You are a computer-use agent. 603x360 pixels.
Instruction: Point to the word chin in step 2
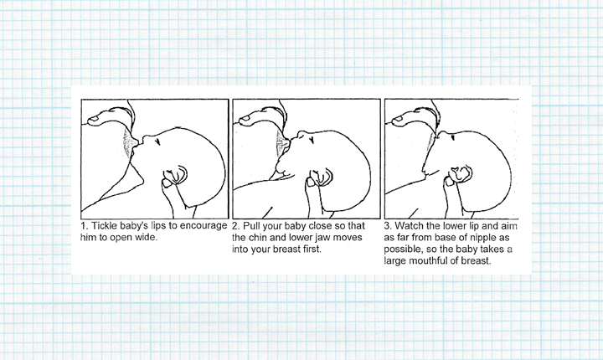pyautogui.click(x=260, y=238)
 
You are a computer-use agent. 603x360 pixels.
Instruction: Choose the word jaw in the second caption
pyautogui.click(x=325, y=238)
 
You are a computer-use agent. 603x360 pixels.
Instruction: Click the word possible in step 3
pyautogui.click(x=405, y=249)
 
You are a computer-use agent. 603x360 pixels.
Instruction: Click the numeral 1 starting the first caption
pyautogui.click(x=84, y=226)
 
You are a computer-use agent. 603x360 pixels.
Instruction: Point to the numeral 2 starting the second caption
pyautogui.click(x=235, y=226)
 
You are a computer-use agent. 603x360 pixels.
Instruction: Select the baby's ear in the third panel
pyautogui.click(x=461, y=177)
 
